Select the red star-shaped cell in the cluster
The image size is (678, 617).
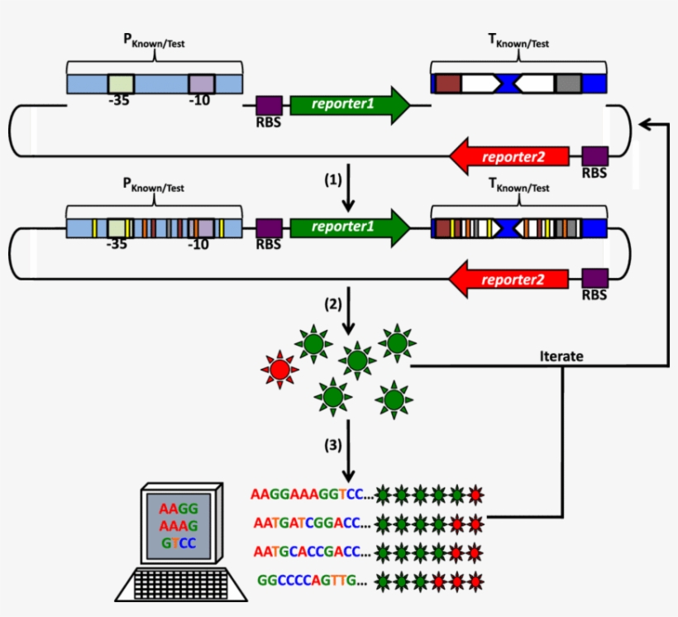pos(279,368)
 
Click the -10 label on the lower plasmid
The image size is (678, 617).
pos(198,245)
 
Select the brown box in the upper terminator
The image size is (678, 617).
pos(447,84)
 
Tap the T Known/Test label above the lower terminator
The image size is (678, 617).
pos(518,187)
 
